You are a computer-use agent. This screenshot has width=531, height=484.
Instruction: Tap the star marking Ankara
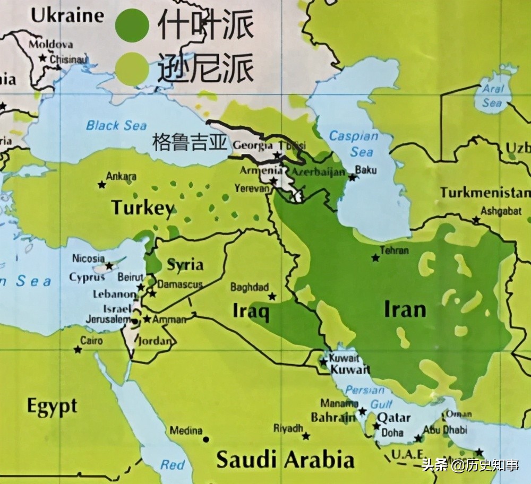tap(101, 185)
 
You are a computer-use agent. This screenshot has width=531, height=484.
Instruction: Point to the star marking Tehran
tap(375, 258)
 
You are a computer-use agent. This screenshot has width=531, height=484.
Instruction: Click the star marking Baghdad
tap(272, 296)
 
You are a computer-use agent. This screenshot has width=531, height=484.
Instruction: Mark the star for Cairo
tap(78, 349)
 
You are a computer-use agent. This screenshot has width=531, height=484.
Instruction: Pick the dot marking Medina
tap(205, 439)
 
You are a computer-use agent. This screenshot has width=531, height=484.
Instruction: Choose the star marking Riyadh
tap(306, 436)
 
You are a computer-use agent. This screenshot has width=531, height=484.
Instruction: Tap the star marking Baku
tap(352, 177)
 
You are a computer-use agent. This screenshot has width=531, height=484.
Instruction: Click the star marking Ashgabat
tap(476, 220)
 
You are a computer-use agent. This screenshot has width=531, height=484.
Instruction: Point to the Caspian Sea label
tap(354, 144)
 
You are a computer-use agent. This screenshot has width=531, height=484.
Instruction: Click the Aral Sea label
tap(492, 96)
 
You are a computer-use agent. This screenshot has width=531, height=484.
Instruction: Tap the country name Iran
tap(405, 309)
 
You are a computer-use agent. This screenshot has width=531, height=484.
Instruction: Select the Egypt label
tap(52, 408)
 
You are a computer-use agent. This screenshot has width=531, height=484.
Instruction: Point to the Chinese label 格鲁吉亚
tap(190, 142)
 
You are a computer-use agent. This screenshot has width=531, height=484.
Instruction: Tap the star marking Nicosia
tap(109, 265)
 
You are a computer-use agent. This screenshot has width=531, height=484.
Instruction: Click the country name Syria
tap(185, 264)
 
